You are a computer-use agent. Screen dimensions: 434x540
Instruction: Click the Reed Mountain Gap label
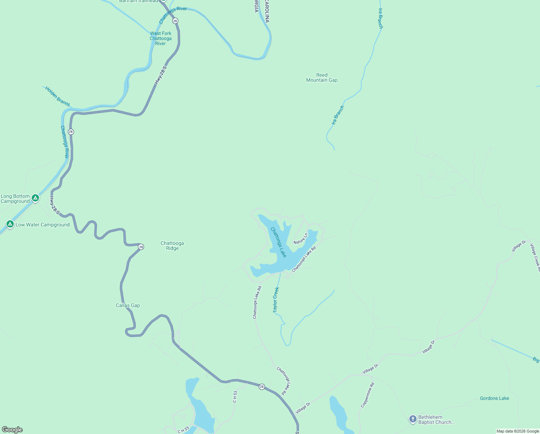click(322, 78)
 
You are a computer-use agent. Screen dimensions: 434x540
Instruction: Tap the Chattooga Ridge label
click(172, 246)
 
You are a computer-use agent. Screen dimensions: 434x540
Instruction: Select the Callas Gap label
click(128, 306)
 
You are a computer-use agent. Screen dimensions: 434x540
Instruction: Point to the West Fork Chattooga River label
click(161, 38)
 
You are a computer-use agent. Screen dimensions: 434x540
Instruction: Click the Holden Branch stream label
click(57, 96)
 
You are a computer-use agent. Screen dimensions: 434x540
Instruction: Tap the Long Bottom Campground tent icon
click(35, 198)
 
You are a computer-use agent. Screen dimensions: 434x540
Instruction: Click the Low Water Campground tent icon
click(10, 224)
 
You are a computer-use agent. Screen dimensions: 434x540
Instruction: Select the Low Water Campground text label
click(43, 225)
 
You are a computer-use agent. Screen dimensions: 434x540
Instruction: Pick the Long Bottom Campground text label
click(15, 199)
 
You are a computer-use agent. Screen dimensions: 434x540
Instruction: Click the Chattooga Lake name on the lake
click(279, 242)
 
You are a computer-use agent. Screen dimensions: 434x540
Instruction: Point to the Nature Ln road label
click(301, 239)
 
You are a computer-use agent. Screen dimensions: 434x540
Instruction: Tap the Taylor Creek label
click(276, 300)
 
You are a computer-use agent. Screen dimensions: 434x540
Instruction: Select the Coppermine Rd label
click(367, 395)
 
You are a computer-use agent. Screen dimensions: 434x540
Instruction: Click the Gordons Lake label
click(494, 399)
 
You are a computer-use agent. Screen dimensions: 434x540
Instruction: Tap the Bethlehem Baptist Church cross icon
click(413, 419)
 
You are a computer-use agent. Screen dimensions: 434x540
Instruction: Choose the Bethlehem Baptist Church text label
click(436, 420)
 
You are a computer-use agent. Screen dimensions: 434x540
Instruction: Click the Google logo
click(12, 430)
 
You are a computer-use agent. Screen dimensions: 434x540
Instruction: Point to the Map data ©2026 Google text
click(518, 431)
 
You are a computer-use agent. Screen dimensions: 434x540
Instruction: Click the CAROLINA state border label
click(267, 12)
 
